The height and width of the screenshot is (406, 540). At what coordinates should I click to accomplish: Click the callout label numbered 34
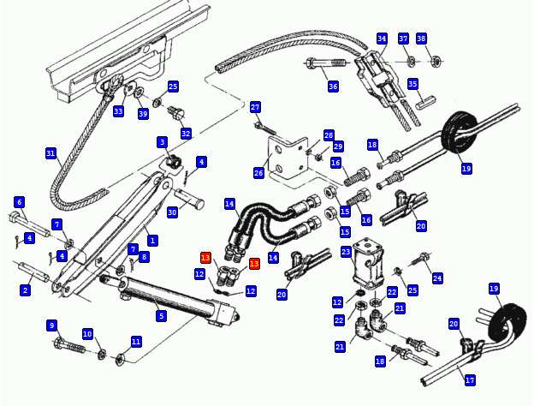tap(382, 39)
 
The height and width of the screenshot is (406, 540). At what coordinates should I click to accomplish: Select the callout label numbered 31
tap(50, 153)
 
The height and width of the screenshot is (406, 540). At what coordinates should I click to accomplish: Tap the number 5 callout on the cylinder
tap(161, 315)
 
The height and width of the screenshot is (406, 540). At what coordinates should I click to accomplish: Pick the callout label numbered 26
tap(258, 173)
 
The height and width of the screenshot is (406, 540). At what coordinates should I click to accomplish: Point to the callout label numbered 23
tap(346, 252)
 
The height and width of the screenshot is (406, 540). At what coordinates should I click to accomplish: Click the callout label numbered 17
tap(470, 380)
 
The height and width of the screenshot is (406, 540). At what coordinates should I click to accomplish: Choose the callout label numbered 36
tap(333, 87)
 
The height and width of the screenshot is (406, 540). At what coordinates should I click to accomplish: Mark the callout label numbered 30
tap(172, 212)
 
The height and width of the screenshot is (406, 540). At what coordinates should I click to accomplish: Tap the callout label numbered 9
tap(51, 325)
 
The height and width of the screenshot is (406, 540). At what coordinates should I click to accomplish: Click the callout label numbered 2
tap(25, 290)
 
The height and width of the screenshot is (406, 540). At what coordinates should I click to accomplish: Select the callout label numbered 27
tap(255, 107)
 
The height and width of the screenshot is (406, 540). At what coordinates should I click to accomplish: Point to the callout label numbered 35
tap(412, 84)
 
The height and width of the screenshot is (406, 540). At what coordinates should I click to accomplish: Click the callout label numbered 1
tap(152, 240)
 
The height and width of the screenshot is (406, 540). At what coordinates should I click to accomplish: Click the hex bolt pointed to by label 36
tap(325, 63)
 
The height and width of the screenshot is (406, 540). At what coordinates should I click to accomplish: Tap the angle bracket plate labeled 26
tap(288, 158)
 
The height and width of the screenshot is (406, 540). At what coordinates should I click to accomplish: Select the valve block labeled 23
tap(369, 264)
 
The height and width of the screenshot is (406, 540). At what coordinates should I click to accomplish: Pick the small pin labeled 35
tap(426, 103)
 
